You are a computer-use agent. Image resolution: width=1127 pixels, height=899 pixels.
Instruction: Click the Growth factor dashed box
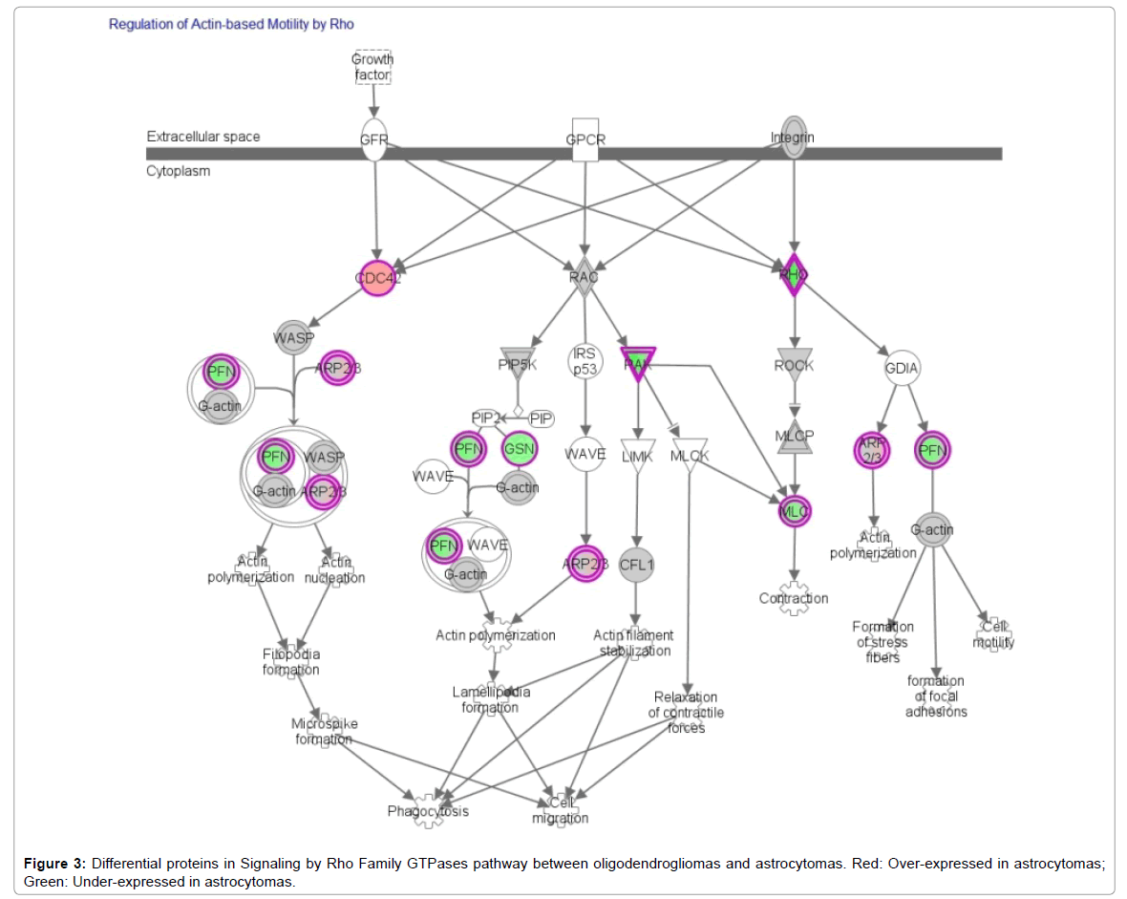(x=372, y=66)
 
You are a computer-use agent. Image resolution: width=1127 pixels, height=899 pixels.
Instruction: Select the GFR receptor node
(x=373, y=139)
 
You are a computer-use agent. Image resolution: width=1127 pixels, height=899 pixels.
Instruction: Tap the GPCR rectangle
(x=585, y=139)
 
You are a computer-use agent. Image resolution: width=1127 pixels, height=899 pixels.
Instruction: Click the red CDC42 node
(x=378, y=278)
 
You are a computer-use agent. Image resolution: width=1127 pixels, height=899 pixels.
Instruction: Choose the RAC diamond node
(x=584, y=277)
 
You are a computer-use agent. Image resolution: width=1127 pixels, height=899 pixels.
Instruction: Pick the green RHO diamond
(x=793, y=276)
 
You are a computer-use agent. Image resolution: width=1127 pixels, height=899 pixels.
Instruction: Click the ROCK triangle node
(x=794, y=365)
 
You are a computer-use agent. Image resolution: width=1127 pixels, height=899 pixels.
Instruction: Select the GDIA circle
(x=903, y=367)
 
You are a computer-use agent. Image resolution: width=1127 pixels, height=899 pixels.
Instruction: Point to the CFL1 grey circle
(x=636, y=564)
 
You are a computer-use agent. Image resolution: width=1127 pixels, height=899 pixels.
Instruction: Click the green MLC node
(x=795, y=512)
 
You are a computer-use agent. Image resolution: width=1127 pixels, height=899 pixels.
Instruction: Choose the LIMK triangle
(x=637, y=456)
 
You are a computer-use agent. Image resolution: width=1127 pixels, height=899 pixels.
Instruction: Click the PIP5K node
(x=519, y=364)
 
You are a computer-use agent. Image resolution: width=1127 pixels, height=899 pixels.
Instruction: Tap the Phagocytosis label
(x=428, y=811)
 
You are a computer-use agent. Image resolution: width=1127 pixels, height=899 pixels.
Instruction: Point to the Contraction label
(x=794, y=598)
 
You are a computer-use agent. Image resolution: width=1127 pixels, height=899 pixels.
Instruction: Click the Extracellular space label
(x=202, y=137)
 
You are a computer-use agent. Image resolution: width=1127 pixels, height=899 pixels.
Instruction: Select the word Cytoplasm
(x=178, y=171)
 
